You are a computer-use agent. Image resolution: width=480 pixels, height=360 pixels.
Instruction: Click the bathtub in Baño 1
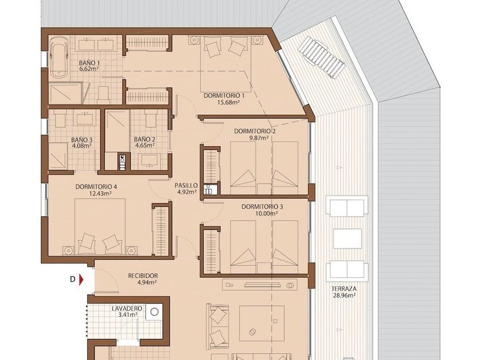pos(59,57)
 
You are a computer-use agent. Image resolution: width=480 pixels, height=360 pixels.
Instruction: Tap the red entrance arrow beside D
pos(81,279)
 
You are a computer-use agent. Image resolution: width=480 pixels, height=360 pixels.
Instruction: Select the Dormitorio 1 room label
pos(224,95)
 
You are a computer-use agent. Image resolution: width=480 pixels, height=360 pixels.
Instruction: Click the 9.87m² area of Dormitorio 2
pos(259,138)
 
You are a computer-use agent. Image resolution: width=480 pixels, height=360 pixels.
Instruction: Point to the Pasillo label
pos(186,185)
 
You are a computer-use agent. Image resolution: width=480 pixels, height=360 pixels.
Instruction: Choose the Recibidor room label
pos(143,276)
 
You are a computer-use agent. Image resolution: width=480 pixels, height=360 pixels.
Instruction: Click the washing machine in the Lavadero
pos(154,312)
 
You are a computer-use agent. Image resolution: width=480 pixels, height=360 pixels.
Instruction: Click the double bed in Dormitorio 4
pos(100,226)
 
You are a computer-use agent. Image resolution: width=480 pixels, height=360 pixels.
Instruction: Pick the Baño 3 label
pos(82,139)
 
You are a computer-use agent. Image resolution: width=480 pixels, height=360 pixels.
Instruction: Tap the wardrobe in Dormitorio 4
pos(161,230)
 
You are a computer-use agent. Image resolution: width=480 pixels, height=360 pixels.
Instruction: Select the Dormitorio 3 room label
pos(262,207)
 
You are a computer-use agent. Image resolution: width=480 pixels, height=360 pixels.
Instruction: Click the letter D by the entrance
pos(73,279)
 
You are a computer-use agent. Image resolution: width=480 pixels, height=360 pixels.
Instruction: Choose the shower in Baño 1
pos(65,93)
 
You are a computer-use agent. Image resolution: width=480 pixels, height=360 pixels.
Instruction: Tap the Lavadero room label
pos(127,309)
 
